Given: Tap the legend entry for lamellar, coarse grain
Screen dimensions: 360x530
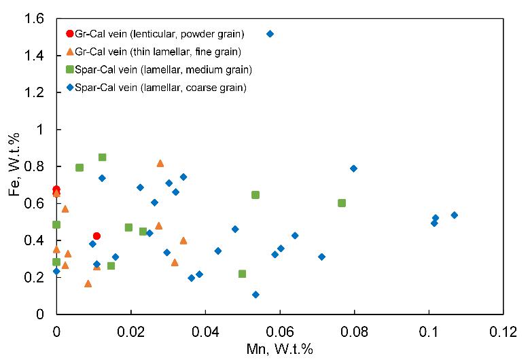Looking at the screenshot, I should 157,87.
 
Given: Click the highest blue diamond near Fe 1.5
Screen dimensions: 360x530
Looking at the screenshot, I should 270,33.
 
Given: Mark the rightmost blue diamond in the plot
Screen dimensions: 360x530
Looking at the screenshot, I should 454,215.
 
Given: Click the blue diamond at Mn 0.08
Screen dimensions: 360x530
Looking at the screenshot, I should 353,168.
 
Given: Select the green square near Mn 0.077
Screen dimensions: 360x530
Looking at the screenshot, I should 342,203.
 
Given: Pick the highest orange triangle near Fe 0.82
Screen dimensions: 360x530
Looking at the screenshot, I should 160,163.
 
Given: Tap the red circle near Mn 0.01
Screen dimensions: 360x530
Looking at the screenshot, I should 96,236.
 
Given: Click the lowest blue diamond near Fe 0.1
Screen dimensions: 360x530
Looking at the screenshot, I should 255,295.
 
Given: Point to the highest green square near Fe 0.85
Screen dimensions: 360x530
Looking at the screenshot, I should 103,157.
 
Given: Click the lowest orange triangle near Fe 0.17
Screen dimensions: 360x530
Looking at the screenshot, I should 88,284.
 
